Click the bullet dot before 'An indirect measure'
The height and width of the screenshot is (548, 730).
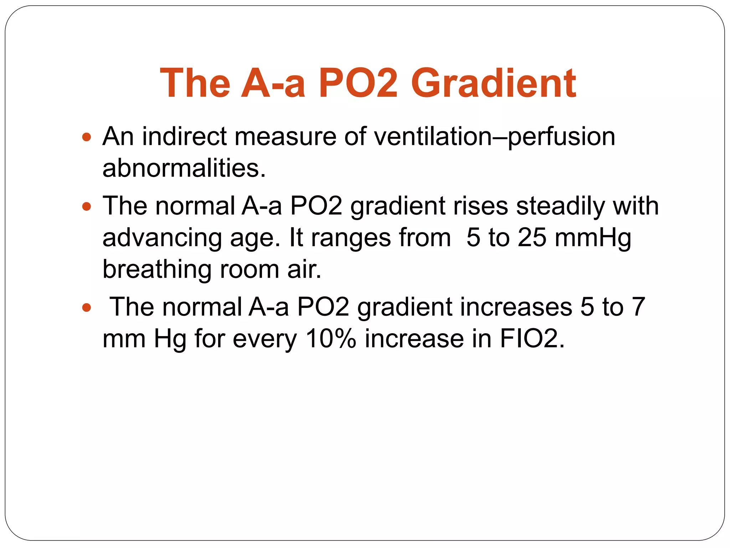tap(86, 137)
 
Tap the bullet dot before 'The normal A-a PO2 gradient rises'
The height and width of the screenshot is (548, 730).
tap(86, 206)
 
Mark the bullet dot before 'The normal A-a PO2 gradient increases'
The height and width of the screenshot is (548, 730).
tap(86, 307)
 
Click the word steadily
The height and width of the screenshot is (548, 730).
tap(560, 206)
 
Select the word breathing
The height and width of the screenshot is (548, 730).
tap(157, 269)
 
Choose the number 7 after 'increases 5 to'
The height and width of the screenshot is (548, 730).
tap(638, 307)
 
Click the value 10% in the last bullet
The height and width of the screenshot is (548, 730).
tap(331, 338)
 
